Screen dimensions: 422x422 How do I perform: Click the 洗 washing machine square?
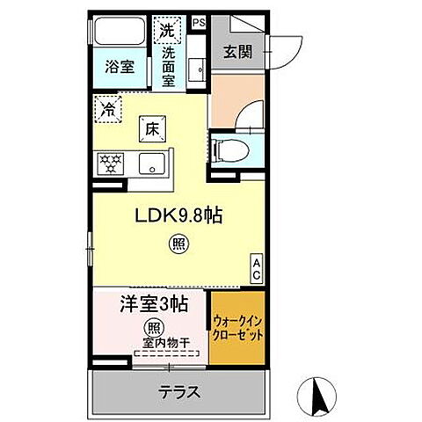167,30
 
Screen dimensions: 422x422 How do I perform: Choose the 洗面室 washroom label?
168,65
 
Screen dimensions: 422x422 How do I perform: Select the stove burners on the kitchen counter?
112,163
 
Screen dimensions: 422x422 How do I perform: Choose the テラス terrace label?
179,392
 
